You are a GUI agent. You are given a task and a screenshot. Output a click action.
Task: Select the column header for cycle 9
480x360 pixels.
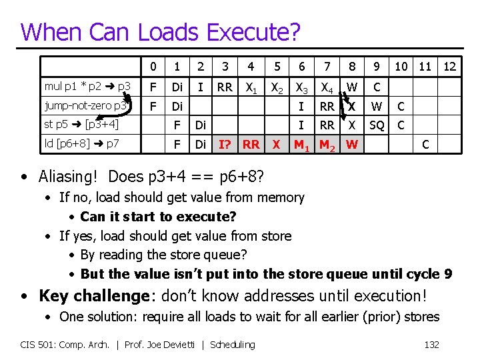click(377, 67)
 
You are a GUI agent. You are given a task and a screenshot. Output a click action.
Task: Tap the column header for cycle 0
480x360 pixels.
click(153, 67)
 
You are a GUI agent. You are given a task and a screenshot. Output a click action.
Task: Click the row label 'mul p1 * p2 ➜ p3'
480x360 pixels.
click(87, 87)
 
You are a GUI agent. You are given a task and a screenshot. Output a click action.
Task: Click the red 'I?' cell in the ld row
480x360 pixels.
click(225, 143)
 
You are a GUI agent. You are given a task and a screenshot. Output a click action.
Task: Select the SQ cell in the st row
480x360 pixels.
click(377, 125)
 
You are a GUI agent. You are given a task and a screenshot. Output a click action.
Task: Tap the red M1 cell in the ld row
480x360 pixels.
click(301, 144)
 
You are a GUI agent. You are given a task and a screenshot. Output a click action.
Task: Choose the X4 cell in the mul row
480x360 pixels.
click(327, 87)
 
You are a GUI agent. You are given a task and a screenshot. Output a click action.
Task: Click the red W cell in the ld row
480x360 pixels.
click(352, 143)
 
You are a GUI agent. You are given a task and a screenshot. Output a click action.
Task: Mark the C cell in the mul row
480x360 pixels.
click(377, 87)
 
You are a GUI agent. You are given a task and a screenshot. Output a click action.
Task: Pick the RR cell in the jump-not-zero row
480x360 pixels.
click(327, 106)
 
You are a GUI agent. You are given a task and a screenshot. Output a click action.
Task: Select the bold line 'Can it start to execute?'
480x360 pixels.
click(158, 217)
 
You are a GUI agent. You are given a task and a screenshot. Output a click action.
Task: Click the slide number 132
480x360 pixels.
click(431, 344)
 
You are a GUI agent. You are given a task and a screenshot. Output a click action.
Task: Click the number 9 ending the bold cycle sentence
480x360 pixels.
click(447, 274)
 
